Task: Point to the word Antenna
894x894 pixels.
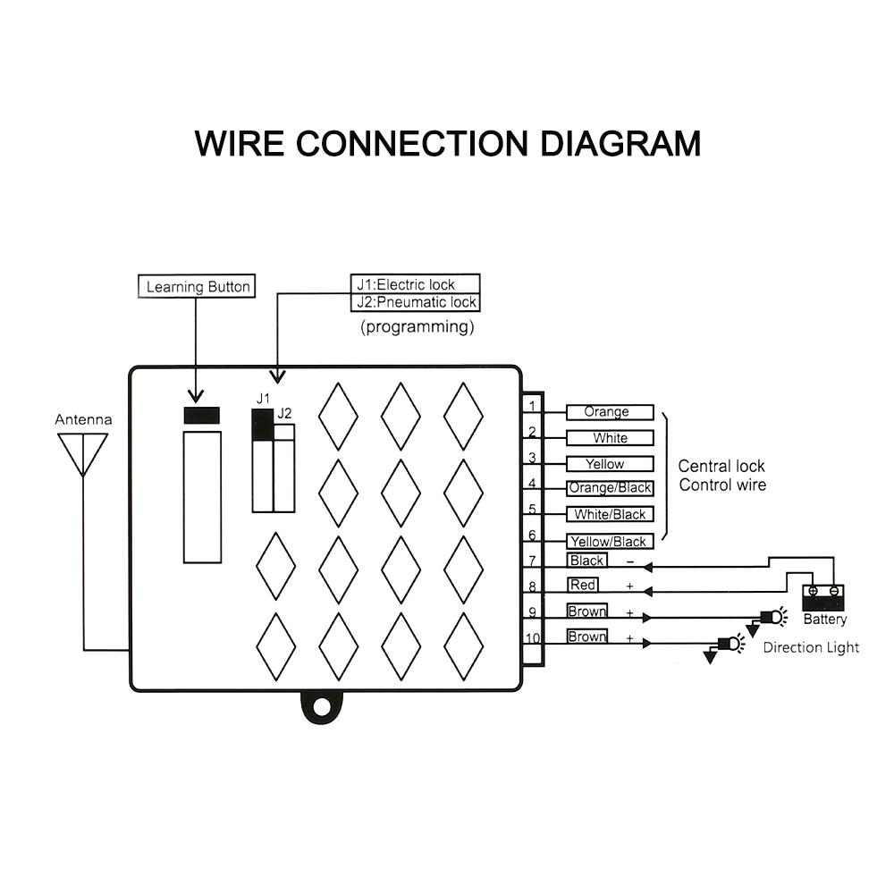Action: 83,419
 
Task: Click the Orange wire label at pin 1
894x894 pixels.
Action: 609,412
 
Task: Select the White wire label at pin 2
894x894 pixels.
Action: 610,438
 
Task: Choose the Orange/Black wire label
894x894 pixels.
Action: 610,488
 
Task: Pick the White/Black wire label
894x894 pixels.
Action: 610,514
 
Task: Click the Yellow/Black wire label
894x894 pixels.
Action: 610,541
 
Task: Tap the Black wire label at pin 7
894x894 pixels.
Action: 587,561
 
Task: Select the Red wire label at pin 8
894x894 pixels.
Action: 583,585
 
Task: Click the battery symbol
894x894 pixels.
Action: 822,597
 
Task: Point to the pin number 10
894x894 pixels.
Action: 533,639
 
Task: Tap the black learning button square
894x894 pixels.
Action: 202,416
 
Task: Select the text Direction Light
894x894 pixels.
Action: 810,647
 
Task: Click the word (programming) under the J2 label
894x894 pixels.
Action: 417,326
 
